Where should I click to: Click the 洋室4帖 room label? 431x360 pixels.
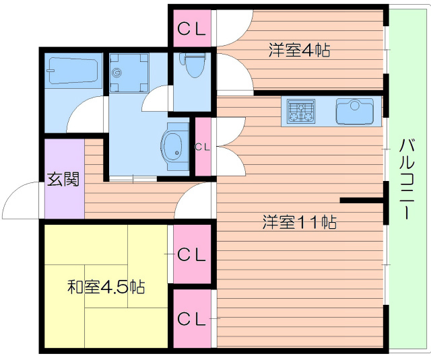(x=300, y=49)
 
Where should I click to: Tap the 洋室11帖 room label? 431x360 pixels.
(x=300, y=221)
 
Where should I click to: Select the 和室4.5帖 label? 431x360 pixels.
(x=106, y=287)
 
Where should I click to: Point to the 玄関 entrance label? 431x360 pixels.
(x=64, y=180)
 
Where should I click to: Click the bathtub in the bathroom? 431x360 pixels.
(x=73, y=69)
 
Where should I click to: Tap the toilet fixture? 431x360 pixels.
(x=193, y=66)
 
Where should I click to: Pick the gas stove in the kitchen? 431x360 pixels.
(x=302, y=110)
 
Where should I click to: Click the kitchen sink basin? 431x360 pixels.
(x=355, y=110)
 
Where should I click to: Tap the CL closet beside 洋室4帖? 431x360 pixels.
(x=192, y=28)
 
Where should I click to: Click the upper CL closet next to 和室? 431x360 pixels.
(x=192, y=254)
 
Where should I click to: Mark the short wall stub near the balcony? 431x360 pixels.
(x=362, y=201)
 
